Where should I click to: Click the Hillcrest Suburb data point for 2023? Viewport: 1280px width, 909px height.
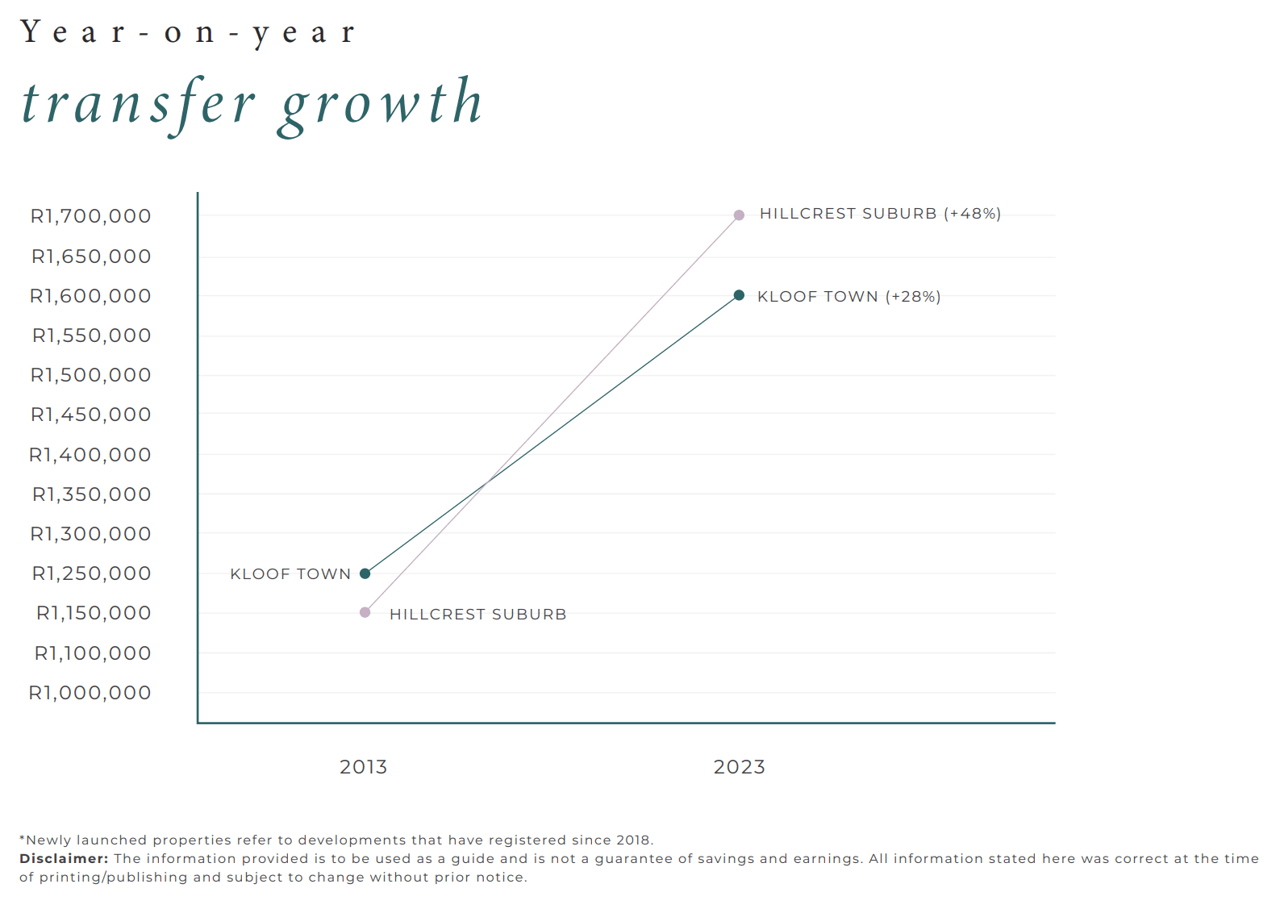click(739, 215)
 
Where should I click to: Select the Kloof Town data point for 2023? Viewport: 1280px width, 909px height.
click(739, 295)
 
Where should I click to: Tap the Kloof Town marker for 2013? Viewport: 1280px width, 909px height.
click(365, 573)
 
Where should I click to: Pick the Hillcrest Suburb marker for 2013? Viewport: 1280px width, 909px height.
click(365, 612)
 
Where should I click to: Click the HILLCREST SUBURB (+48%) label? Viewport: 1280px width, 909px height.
click(880, 214)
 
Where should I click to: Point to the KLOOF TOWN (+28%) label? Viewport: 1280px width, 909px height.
click(848, 297)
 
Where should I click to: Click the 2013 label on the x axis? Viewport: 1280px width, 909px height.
click(363, 767)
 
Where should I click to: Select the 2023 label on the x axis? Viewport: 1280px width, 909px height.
click(739, 767)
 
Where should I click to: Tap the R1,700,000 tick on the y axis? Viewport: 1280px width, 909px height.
click(90, 216)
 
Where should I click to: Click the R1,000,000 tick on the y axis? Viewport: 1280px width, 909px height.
click(90, 693)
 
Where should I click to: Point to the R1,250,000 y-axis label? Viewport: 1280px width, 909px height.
click(91, 573)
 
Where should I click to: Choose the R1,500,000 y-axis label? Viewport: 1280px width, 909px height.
click(90, 375)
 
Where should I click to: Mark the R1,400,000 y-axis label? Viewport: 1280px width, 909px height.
click(90, 455)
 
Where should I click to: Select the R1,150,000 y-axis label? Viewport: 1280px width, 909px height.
click(94, 613)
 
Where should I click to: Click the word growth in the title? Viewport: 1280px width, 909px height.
click(381, 105)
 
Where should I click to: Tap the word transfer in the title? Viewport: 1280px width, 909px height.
click(138, 105)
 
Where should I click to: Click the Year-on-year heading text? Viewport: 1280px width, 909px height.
click(187, 33)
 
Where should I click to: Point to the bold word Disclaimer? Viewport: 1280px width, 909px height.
click(64, 859)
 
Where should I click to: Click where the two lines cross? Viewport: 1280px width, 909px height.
click(486, 483)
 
